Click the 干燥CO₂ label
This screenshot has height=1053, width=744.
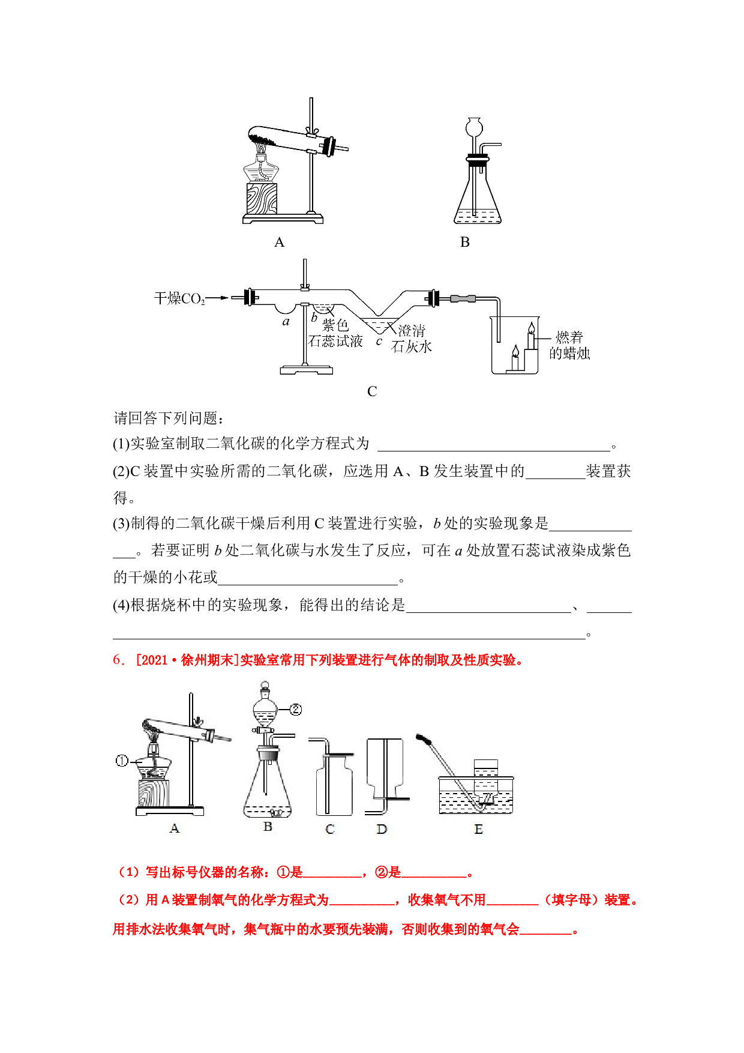[179, 298]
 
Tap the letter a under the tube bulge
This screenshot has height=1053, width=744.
[286, 322]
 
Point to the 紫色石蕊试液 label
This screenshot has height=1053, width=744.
[335, 333]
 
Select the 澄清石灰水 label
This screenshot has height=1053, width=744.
[412, 339]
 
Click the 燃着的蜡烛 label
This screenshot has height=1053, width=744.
[569, 345]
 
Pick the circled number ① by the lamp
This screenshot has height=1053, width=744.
[122, 761]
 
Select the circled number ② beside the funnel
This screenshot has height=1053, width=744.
[296, 710]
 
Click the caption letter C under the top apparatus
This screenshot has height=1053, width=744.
[372, 391]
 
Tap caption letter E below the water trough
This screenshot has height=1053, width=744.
[478, 829]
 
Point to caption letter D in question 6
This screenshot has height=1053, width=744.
[382, 829]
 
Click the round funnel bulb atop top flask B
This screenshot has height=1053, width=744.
[475, 126]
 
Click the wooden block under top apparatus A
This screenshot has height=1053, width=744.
[262, 198]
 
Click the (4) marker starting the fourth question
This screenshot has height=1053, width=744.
[122, 605]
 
